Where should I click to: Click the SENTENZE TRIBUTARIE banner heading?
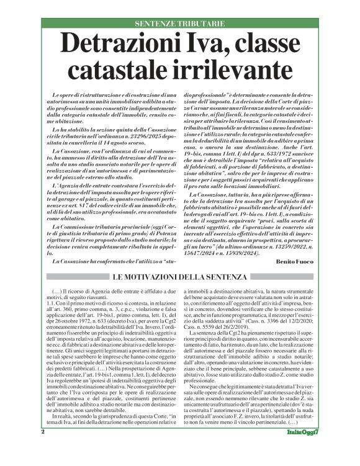[179, 24]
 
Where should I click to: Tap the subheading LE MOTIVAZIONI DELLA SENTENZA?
[179, 276]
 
